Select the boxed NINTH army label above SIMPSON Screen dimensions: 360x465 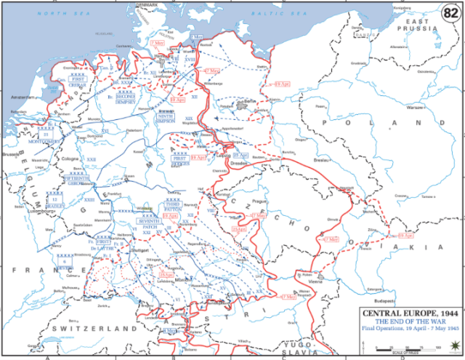(x=165, y=116)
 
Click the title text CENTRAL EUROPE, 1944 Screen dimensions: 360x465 (x=408, y=312)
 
